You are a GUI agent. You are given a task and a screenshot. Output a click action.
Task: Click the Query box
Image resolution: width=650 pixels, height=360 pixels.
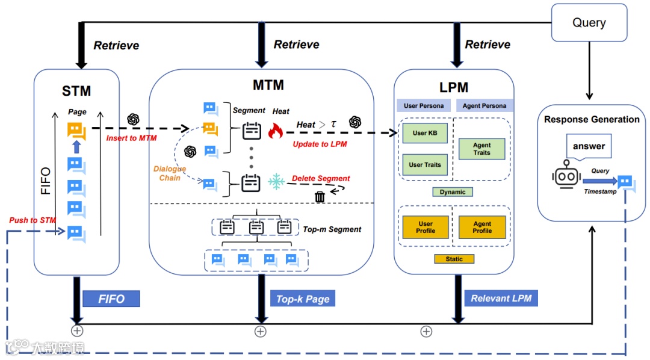click(589, 23)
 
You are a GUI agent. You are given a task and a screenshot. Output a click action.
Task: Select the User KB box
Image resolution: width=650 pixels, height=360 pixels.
click(424, 133)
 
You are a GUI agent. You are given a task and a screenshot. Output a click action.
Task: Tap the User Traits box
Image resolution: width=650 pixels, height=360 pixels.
click(424, 164)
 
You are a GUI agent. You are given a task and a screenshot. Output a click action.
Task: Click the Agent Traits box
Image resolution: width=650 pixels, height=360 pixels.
click(481, 149)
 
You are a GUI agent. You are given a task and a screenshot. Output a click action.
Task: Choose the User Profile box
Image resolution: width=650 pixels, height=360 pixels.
click(426, 227)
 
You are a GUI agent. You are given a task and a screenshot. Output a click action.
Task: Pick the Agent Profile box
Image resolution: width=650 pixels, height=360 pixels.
click(482, 227)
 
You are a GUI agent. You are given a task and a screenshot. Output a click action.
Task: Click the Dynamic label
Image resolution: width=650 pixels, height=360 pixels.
click(453, 192)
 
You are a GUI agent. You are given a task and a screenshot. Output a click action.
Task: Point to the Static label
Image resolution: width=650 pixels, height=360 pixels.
click(454, 259)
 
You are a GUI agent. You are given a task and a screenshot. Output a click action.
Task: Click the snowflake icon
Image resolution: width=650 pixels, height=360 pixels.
click(277, 181)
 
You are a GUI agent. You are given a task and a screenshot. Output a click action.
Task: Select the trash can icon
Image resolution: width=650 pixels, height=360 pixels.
click(320, 196)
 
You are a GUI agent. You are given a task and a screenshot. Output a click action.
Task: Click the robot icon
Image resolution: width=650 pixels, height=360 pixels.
click(566, 176)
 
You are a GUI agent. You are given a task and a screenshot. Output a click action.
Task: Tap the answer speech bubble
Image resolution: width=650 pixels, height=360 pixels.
click(589, 147)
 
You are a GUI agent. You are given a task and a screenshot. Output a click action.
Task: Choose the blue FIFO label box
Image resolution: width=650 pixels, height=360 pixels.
click(111, 299)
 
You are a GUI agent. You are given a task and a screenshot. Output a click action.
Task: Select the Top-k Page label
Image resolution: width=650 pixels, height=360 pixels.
click(303, 299)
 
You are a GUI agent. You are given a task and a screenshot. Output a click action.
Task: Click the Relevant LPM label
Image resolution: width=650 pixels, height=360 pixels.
click(501, 298)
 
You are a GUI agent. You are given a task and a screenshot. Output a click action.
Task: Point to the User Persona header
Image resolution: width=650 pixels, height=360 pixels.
click(424, 105)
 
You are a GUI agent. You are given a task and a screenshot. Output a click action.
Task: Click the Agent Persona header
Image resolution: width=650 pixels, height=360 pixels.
click(484, 105)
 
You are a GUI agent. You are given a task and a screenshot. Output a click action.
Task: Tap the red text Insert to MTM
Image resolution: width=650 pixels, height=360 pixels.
click(131, 138)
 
